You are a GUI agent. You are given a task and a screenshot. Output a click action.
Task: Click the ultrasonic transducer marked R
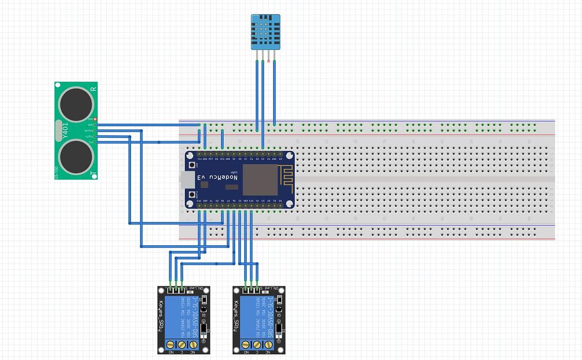point(76,102)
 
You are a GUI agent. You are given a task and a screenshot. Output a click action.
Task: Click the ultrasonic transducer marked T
point(76,156)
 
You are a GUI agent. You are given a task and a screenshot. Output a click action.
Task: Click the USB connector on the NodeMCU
point(183,179)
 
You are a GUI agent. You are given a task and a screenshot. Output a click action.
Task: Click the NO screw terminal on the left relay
point(171,344)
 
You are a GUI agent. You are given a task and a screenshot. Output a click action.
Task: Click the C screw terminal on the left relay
point(182,344)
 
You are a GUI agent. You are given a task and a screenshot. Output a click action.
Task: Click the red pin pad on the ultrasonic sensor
point(96,119)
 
